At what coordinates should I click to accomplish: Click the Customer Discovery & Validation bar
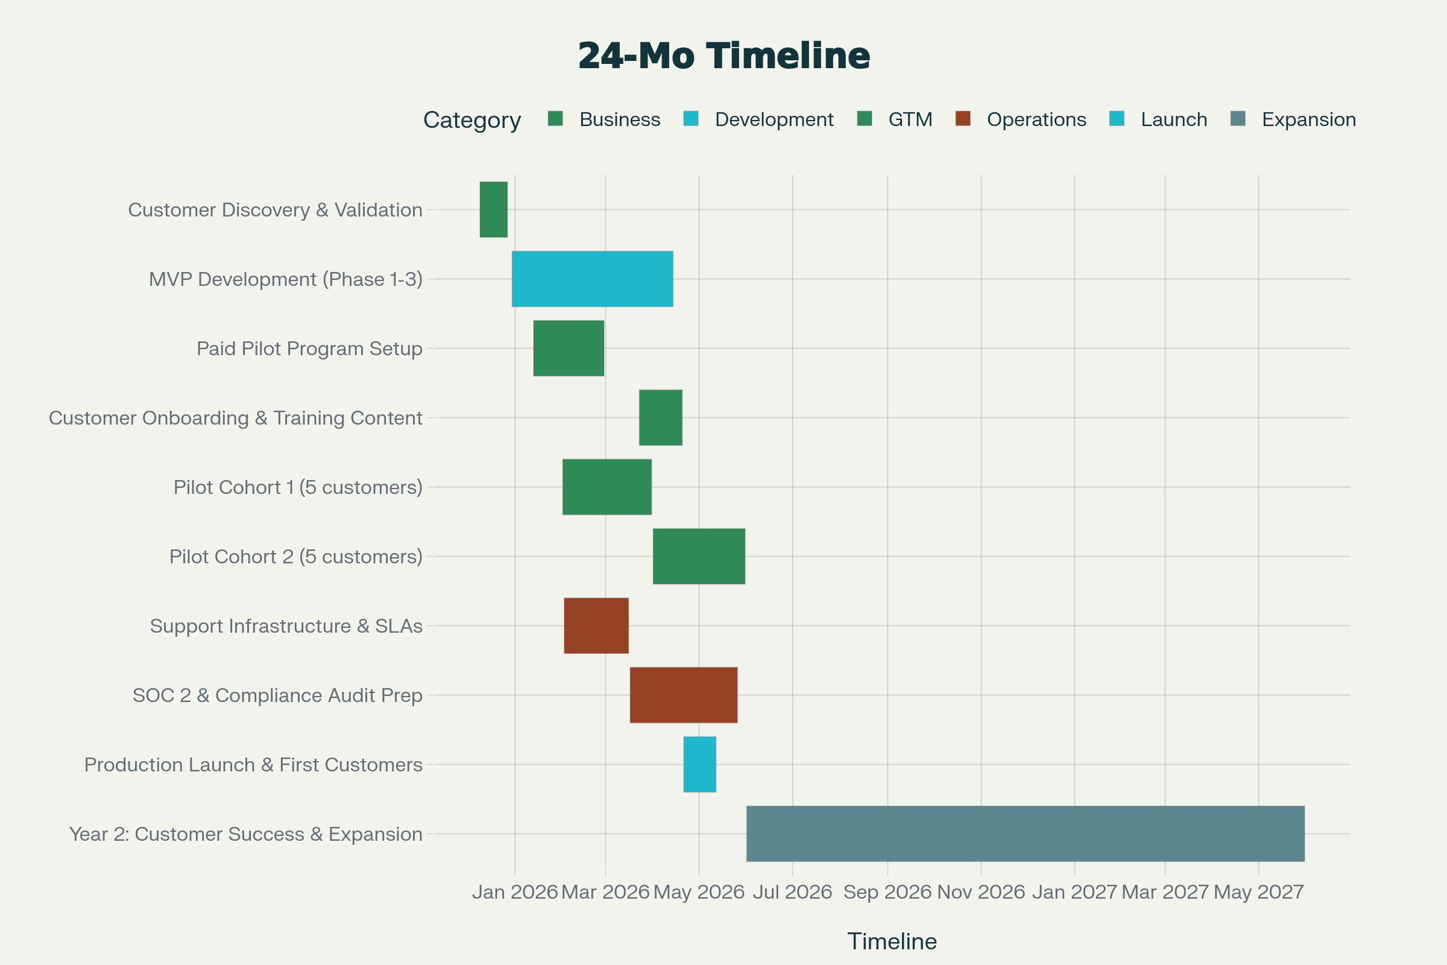493,209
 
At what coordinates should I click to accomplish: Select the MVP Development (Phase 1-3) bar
592,279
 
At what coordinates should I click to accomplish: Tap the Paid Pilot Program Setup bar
569,349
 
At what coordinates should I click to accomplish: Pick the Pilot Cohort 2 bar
699,556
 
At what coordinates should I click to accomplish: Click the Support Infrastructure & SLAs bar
596,625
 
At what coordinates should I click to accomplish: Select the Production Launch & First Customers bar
699,764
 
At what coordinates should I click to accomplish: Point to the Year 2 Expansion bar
1025,834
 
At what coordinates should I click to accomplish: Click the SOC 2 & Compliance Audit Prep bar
684,695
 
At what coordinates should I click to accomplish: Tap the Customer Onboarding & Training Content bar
660,417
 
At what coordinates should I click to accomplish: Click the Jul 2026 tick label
792,892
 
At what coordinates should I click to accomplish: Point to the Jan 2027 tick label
1074,892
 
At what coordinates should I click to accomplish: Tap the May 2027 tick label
1258,892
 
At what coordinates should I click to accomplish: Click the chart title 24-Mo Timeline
723,55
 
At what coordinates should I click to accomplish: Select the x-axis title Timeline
892,941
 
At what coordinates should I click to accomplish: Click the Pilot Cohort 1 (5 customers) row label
298,487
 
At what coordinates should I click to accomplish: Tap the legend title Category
472,120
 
